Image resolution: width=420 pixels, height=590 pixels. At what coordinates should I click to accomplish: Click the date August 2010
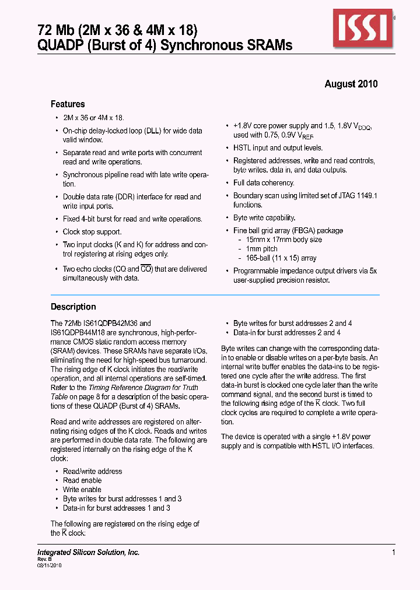[x=351, y=84]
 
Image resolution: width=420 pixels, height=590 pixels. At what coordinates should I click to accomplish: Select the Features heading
[x=68, y=104]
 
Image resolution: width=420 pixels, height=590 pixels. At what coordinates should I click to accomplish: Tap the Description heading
[x=73, y=307]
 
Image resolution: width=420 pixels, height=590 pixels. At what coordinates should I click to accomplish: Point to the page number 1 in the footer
[x=394, y=552]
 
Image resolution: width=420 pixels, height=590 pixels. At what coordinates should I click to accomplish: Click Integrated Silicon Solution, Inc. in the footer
[x=88, y=552]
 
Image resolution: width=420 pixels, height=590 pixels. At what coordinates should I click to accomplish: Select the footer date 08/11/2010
[x=50, y=566]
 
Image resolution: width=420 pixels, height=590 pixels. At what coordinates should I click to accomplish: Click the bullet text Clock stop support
[x=92, y=232]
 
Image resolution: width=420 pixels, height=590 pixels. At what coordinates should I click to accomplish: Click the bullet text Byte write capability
[x=264, y=218]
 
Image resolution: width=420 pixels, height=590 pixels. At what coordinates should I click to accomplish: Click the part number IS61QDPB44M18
[x=76, y=332]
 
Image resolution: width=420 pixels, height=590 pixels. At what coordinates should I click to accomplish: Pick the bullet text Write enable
[x=82, y=490]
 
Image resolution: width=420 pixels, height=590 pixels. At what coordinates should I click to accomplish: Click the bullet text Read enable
[x=82, y=480]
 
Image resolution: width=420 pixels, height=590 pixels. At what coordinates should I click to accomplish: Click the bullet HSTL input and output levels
[x=278, y=148]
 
